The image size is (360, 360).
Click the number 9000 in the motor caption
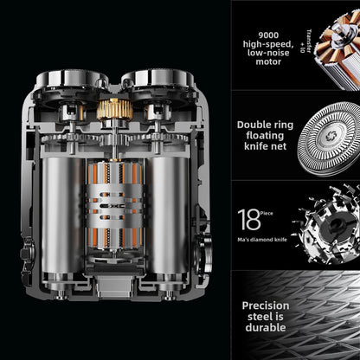268,35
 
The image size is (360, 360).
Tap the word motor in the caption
268,61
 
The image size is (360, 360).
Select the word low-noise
268,53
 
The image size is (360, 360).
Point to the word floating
265,136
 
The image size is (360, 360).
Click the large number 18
248,220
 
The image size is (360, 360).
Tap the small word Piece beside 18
267,214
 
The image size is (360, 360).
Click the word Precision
266,305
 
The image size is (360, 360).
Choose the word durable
266,328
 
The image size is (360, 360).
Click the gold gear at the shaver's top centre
114,109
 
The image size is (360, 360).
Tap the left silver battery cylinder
62,215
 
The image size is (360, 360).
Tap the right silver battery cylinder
168,215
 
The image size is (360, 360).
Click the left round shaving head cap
72,78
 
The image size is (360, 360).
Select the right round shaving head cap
157,78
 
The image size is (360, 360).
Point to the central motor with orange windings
114,205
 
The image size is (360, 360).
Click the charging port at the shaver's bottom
114,286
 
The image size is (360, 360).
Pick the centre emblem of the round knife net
331,136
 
